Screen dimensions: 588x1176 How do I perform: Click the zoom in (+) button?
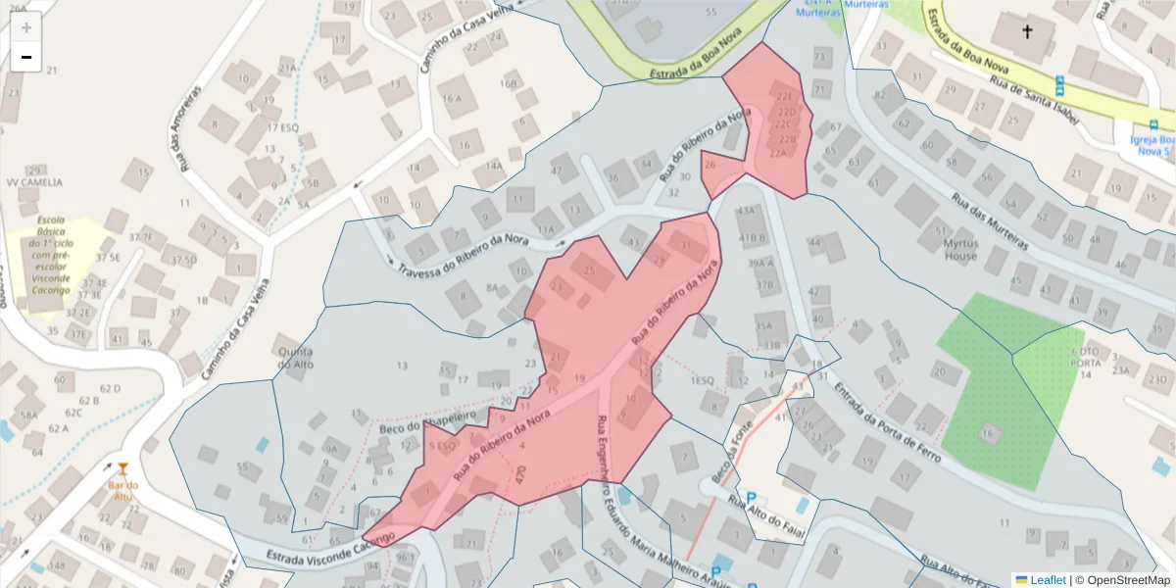pos(25,27)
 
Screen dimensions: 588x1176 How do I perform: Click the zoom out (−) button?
pos(25,57)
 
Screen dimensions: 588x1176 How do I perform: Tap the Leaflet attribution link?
pos(1040,580)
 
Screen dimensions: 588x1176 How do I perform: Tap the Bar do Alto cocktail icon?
pos(122,468)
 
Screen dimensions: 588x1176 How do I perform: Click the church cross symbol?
pos(1027,32)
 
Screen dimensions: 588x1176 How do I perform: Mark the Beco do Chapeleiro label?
pos(426,421)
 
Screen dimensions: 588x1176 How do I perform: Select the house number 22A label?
pos(778,154)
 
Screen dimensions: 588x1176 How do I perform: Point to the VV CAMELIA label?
pos(33,182)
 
